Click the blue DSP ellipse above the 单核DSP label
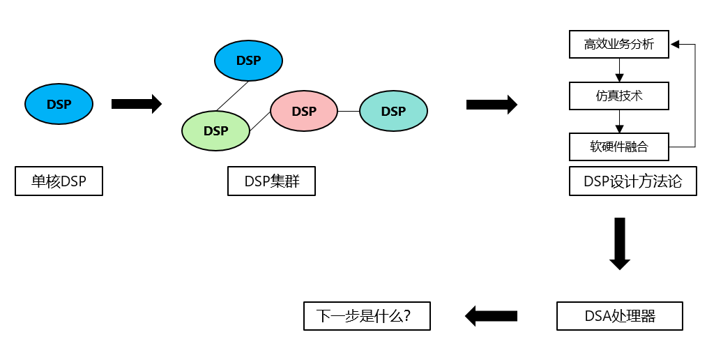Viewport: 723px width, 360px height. tap(59, 104)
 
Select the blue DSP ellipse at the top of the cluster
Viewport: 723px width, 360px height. tap(248, 61)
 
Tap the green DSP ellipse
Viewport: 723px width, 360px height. tap(215, 130)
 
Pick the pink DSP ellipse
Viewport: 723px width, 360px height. tap(304, 111)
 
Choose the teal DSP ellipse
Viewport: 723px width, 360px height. tap(393, 111)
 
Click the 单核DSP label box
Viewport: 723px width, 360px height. tap(59, 182)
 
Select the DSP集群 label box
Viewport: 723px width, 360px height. tap(271, 182)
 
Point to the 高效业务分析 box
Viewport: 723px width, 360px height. tap(619, 45)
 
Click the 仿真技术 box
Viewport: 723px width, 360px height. tap(619, 96)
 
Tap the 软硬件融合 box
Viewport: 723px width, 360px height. tap(619, 147)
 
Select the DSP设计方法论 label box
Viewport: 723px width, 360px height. tap(632, 182)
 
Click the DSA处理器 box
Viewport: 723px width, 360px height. tap(619, 316)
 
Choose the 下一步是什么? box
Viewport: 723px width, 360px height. tap(367, 316)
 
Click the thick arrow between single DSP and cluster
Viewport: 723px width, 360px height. tap(136, 104)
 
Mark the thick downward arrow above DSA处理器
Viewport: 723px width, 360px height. tap(619, 243)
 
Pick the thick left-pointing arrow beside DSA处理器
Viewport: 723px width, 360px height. tap(492, 316)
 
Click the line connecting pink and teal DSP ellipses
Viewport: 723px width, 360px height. tap(349, 111)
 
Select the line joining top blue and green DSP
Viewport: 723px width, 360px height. tap(232, 96)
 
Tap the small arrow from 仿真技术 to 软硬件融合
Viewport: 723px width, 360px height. tap(619, 121)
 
